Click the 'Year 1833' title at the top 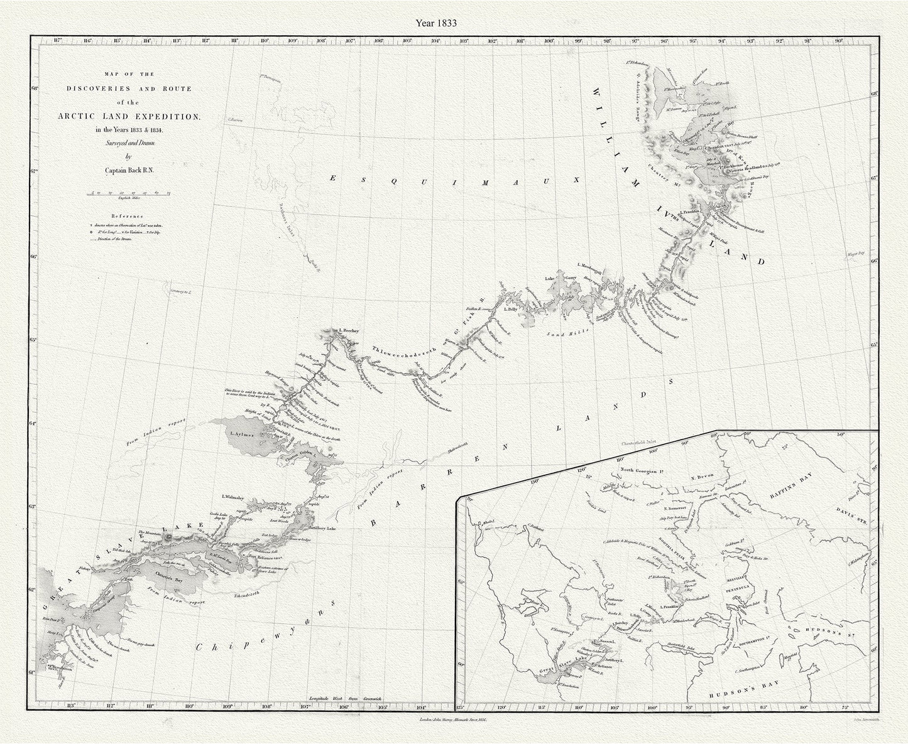point(435,22)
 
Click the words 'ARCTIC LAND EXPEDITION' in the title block point(129,116)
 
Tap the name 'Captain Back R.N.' point(129,168)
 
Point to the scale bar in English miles point(129,194)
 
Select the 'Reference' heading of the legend point(128,214)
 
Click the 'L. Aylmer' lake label point(241,434)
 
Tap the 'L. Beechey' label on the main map point(347,330)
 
